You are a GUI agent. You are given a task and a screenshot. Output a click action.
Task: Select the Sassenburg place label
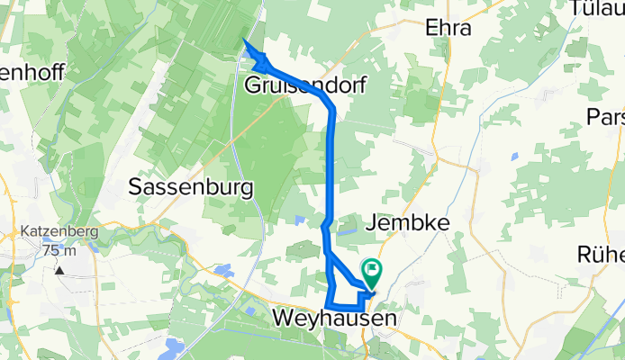(x=190, y=186)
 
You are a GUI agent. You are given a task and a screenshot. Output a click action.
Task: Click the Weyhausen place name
(x=332, y=319)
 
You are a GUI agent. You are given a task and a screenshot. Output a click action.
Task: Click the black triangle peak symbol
(x=59, y=269)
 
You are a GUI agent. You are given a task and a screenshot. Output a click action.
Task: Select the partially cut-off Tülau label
(x=598, y=8)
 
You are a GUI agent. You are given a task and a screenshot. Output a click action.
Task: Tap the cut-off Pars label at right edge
(x=605, y=117)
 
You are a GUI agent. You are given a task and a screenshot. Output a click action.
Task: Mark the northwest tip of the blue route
(x=246, y=40)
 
